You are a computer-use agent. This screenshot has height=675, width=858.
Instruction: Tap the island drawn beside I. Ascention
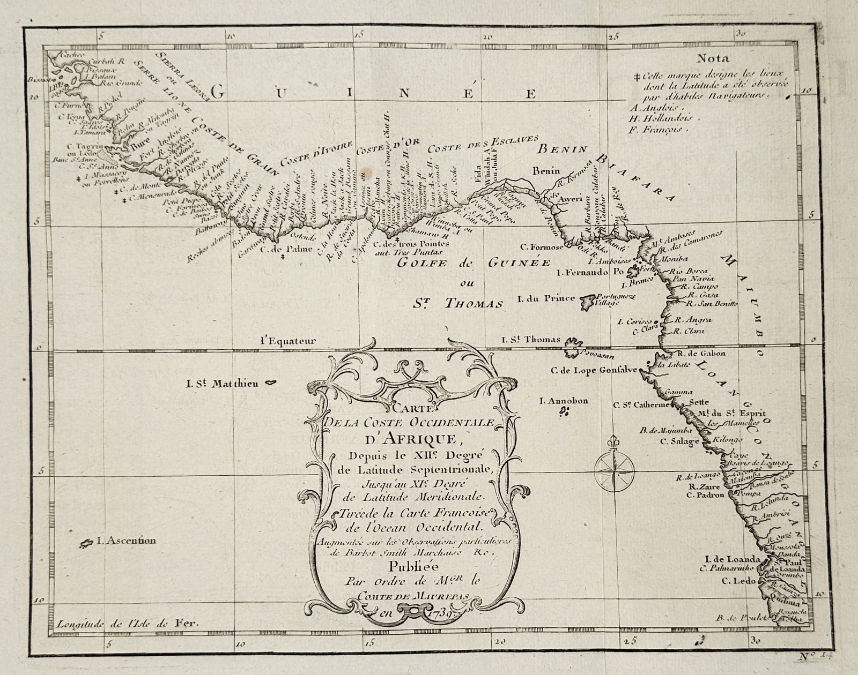click(86, 544)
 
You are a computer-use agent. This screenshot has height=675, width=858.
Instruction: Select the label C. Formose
click(544, 247)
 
